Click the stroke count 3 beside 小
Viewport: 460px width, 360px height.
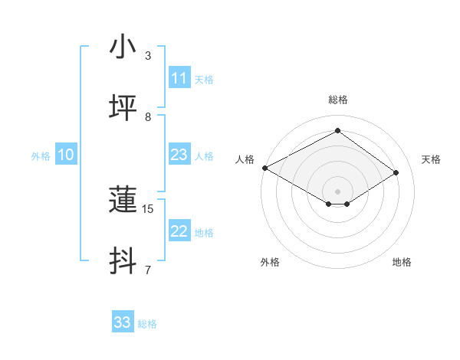click(148, 56)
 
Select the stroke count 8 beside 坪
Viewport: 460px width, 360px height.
click(148, 116)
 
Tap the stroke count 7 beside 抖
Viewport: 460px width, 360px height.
click(148, 270)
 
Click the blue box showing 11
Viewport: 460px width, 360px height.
click(179, 78)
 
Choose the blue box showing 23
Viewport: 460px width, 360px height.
click(179, 155)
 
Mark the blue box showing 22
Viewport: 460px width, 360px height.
click(179, 231)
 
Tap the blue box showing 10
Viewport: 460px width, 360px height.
click(66, 155)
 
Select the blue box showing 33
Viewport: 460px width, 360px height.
click(123, 322)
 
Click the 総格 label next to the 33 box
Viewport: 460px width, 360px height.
click(147, 324)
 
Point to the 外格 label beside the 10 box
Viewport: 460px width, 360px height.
click(41, 156)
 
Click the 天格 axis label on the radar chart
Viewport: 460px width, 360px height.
click(431, 159)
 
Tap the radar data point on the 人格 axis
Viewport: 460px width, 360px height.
click(264, 168)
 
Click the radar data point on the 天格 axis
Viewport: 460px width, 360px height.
click(396, 173)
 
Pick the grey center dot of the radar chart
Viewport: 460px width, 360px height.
click(337, 191)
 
